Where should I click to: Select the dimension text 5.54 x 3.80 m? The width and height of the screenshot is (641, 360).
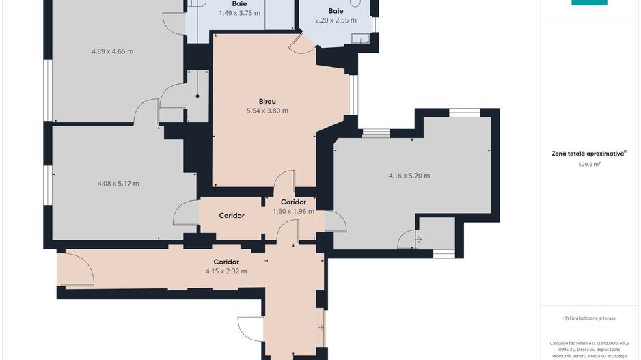[267, 111]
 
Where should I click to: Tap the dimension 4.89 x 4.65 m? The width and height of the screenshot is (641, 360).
[112, 51]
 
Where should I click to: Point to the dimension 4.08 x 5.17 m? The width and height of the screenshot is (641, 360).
[118, 183]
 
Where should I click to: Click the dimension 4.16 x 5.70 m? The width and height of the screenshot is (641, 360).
[409, 176]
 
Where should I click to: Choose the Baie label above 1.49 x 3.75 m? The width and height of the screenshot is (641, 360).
[239, 3]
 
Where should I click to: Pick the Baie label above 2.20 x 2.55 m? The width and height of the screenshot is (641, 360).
[336, 11]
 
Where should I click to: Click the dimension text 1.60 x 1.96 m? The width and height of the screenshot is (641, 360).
[293, 211]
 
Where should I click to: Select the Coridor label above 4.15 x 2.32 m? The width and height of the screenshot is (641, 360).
[226, 262]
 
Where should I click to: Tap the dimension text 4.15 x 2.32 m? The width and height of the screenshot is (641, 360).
[226, 271]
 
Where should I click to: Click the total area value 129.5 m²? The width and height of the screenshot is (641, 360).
[588, 164]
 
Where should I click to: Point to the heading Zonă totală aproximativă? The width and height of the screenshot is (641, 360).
[588, 154]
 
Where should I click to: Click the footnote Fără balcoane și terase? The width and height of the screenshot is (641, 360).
[588, 318]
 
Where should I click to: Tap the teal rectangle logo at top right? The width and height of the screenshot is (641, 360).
[589, 3]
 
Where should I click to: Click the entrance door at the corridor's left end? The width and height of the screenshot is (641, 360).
[75, 269]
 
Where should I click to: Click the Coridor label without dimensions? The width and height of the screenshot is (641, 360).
[232, 216]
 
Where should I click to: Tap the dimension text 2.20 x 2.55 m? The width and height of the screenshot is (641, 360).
[336, 20]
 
